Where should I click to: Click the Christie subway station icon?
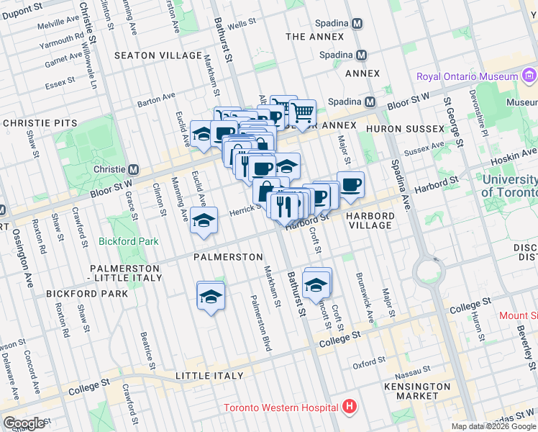click(x=133, y=169)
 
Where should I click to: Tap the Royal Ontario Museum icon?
click(x=529, y=76)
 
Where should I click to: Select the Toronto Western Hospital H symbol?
click(x=350, y=408)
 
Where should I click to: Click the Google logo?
click(x=24, y=423)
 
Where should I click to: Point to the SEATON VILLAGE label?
click(x=158, y=55)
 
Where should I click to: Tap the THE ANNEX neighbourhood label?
click(x=316, y=37)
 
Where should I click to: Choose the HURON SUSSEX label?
click(x=406, y=128)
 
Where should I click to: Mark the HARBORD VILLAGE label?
click(x=370, y=220)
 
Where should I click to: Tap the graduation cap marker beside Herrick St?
click(x=204, y=220)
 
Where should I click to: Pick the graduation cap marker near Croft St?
click(x=316, y=283)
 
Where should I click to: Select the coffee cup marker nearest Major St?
click(x=350, y=184)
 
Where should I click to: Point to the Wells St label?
click(x=242, y=24)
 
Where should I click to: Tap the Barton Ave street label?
click(x=157, y=97)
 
